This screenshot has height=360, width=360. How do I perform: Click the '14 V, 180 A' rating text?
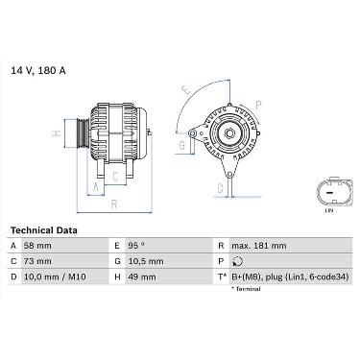pyautogui.click(x=38, y=71)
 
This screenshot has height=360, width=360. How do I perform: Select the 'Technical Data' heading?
pyautogui.click(x=44, y=230)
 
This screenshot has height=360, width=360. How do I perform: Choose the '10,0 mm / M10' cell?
pyautogui.click(x=55, y=276)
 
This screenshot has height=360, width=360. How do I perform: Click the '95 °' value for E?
pyautogui.click(x=136, y=246)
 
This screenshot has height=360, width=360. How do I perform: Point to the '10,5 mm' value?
pyautogui.click(x=146, y=261)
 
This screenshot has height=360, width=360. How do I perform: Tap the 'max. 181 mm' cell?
pyautogui.click(x=259, y=246)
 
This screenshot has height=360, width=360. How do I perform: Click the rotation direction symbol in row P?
pyautogui.click(x=238, y=261)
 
